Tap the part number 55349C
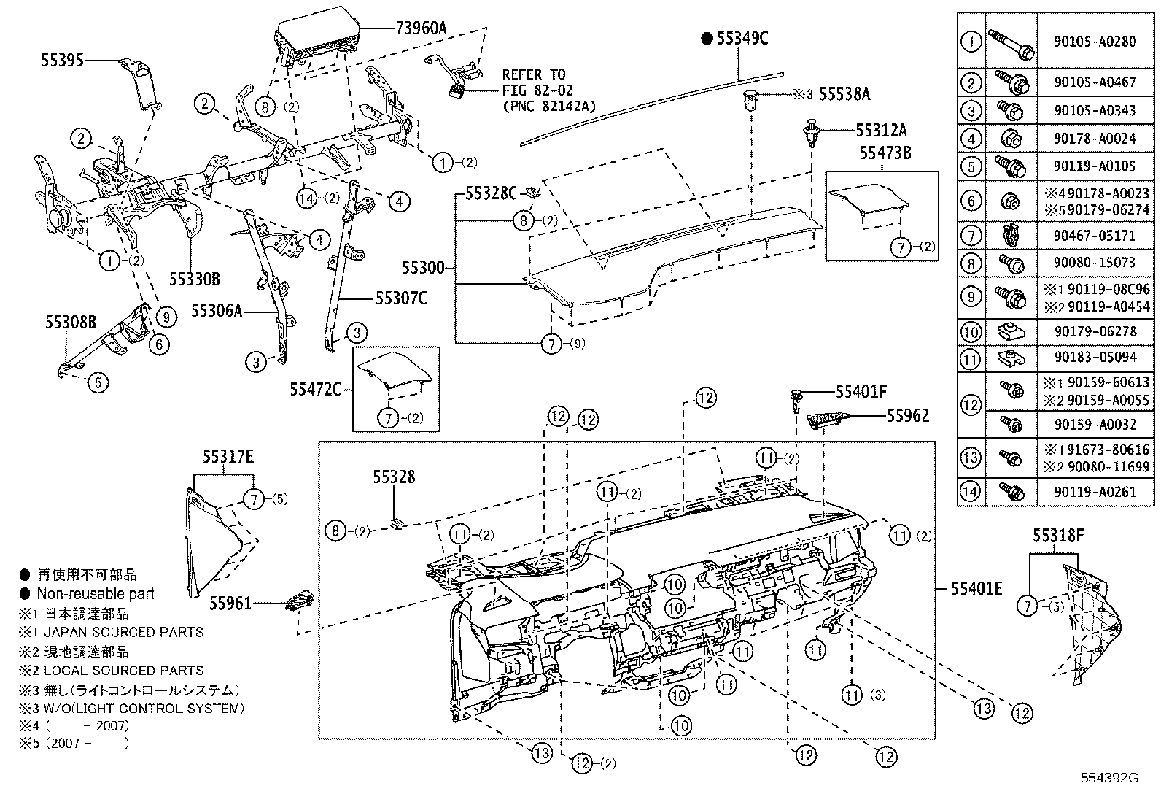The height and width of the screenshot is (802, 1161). [742, 39]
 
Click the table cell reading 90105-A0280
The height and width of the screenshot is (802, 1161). [1095, 42]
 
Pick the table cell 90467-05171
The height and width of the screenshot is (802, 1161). [1095, 236]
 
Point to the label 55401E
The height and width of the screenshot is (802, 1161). [976, 588]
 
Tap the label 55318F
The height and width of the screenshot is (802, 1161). [1058, 536]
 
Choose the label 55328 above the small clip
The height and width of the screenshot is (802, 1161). [394, 477]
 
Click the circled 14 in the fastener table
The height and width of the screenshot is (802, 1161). [971, 491]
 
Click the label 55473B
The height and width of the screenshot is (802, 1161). [885, 154]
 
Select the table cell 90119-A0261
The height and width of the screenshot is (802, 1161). [1095, 491]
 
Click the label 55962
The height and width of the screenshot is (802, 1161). [908, 415]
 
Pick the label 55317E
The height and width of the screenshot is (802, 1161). [228, 457]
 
